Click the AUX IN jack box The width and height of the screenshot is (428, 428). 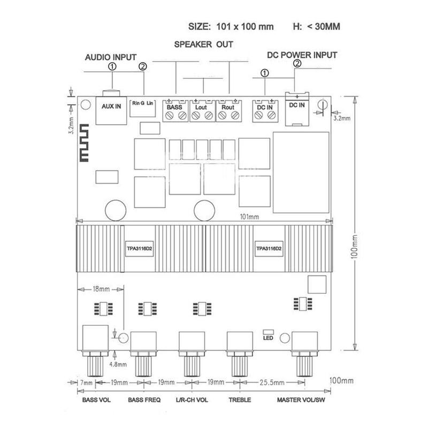pos(111,111)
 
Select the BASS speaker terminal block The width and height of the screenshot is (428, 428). pos(175,111)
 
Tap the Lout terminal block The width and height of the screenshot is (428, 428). pos(203,111)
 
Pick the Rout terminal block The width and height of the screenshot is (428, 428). pos(229,111)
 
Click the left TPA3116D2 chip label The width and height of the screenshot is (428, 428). pos(139,249)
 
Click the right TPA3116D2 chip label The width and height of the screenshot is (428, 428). pos(269,249)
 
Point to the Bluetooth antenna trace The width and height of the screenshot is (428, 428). pos(84,143)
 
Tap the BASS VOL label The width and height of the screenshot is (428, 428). pos(96,400)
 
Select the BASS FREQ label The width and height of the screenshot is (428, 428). pos(144,400)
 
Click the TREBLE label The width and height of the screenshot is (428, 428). pos(240,400)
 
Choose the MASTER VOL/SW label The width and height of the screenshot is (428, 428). pos(301,400)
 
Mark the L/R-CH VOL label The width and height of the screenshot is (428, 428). pos(192,400)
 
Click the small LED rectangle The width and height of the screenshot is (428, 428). pos(268,332)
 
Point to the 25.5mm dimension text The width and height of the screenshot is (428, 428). pos(272,383)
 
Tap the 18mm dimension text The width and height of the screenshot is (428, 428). pos(101,289)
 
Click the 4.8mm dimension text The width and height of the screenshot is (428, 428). pos(118,364)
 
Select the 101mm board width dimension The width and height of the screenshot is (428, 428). pos(249,217)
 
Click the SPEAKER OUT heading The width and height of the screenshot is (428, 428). pos(204,44)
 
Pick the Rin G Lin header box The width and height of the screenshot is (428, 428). pos(142,108)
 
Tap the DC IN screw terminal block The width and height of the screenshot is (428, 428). pos(265,111)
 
